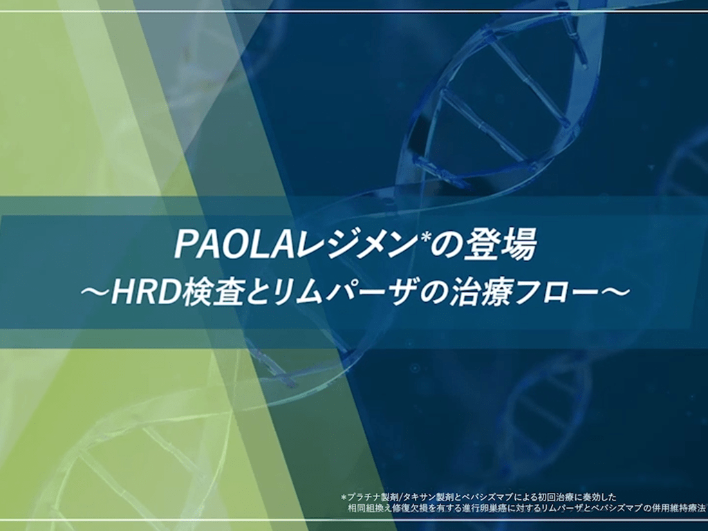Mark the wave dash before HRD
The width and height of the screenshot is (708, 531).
[95, 295]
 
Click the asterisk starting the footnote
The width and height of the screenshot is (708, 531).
[344, 496]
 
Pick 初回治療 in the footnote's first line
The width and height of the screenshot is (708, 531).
[555, 498]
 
